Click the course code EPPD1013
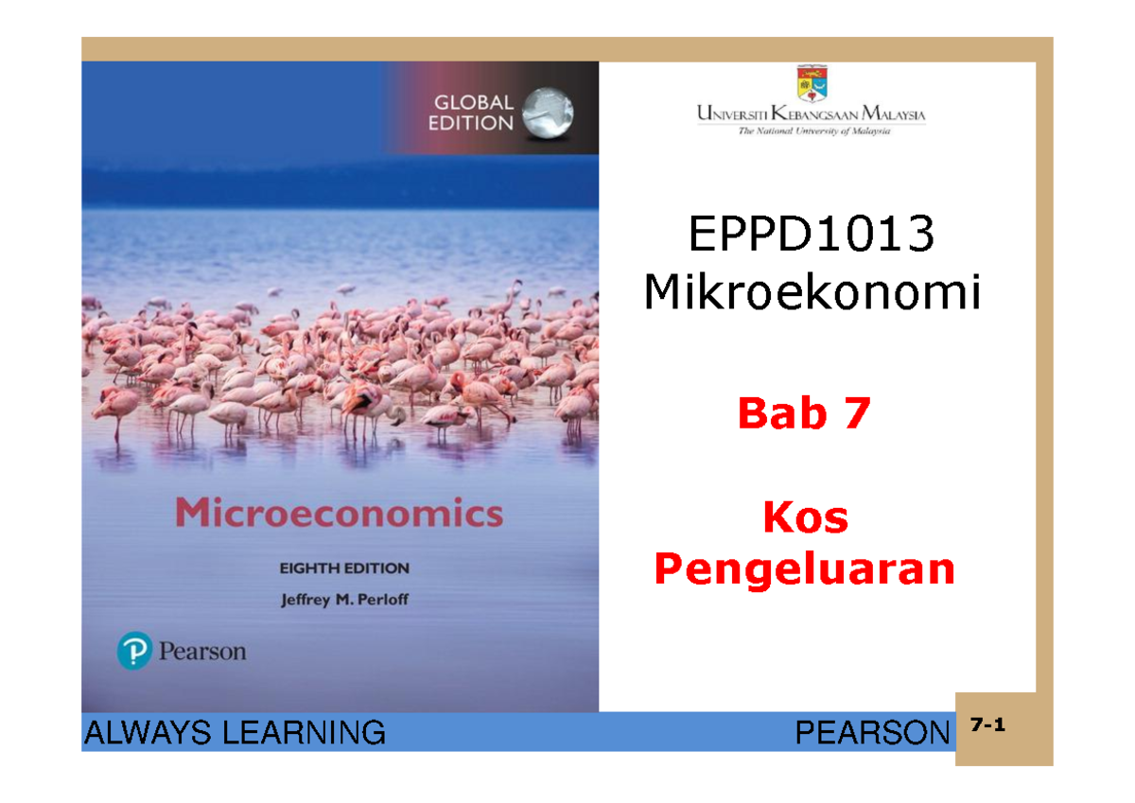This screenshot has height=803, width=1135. pyautogui.click(x=812, y=236)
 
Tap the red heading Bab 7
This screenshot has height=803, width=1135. pyautogui.click(x=803, y=414)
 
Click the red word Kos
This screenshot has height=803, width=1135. pyautogui.click(x=805, y=518)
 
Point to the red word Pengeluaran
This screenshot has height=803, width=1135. pyautogui.click(x=805, y=569)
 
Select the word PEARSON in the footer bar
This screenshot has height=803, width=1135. pyautogui.click(x=871, y=732)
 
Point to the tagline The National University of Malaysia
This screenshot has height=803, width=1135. pyautogui.click(x=813, y=132)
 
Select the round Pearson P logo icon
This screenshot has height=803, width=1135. pyautogui.click(x=134, y=652)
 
